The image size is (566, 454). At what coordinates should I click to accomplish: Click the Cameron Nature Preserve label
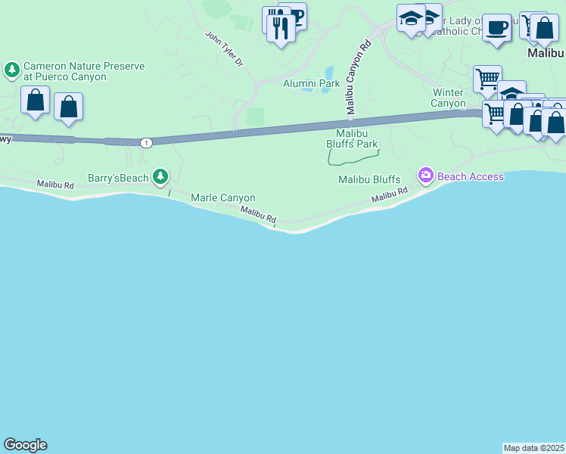(83, 71)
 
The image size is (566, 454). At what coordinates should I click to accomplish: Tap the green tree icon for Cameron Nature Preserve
(11, 71)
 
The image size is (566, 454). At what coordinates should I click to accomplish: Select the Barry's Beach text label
(117, 178)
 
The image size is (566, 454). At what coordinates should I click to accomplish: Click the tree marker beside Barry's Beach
(160, 177)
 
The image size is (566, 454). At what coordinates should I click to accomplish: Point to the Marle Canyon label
(222, 198)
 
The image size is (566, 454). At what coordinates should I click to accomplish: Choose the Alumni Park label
(311, 83)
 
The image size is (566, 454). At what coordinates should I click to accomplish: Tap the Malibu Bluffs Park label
(351, 138)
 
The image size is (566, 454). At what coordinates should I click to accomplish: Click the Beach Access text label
(470, 176)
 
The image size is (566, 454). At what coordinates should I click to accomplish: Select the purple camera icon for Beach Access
(425, 176)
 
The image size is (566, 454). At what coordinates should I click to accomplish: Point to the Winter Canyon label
(448, 98)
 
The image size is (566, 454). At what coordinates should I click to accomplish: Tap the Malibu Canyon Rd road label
(359, 77)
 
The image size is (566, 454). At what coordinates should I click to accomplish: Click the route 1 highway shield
(146, 142)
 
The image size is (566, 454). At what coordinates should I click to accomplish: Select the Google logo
(25, 445)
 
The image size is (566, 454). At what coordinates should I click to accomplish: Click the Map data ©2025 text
(534, 447)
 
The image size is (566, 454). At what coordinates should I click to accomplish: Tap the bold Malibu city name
(546, 54)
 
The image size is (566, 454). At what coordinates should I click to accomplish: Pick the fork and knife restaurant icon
(281, 29)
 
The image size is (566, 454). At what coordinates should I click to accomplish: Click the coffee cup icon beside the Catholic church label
(496, 28)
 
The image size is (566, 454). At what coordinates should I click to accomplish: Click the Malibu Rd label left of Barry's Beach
(55, 185)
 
